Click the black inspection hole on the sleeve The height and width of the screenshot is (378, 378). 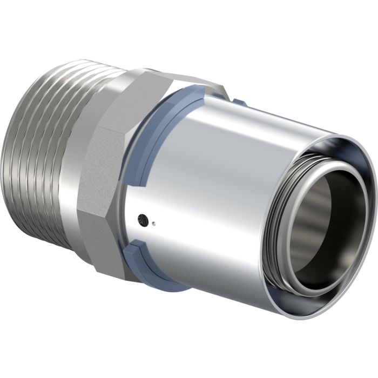pos(143,219)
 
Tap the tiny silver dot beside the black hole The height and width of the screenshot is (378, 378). pos(154,221)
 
